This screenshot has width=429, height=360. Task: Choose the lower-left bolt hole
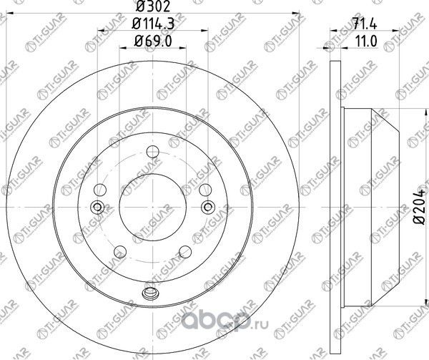click(x=119, y=250)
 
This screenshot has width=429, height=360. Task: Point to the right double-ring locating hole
click(x=208, y=208)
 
